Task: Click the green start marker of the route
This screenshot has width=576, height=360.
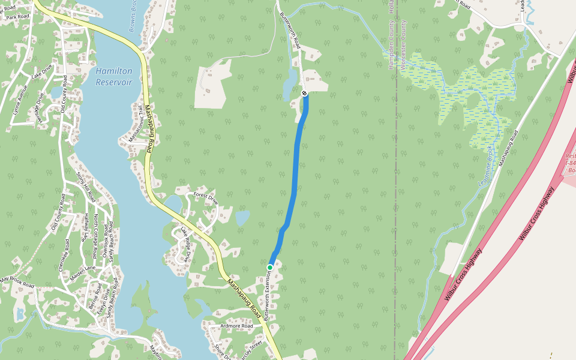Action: (270, 267)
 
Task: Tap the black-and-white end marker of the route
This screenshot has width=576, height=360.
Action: (305, 93)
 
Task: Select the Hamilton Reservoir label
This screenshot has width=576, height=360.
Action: (113, 76)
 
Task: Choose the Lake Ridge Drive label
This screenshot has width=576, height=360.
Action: (185, 243)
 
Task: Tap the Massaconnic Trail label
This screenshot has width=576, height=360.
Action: (136, 130)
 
